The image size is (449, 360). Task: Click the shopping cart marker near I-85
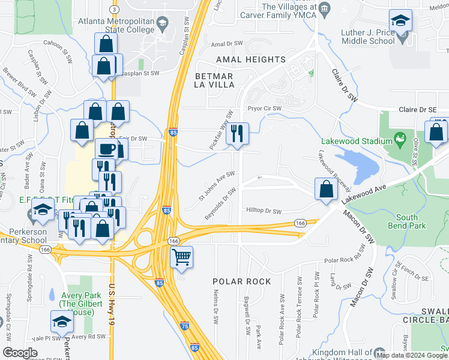181,258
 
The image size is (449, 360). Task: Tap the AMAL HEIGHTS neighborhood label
250,59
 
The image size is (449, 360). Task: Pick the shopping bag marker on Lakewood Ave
325,189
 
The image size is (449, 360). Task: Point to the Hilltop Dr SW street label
264,211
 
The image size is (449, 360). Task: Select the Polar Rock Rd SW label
351,260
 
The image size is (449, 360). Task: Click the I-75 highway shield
185,326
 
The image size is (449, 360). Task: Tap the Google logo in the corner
20,352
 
